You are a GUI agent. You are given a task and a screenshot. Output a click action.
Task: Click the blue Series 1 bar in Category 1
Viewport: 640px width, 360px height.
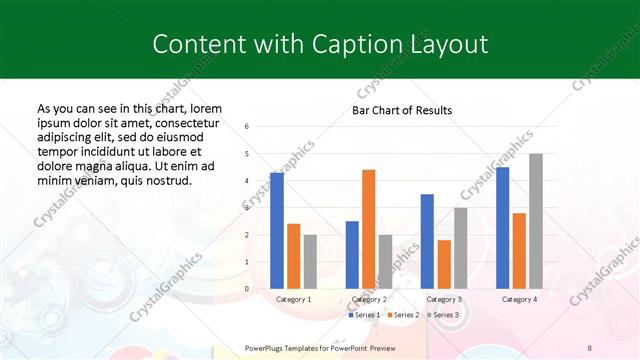pos(277,230)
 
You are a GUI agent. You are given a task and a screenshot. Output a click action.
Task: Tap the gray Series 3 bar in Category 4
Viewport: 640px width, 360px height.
pos(536,221)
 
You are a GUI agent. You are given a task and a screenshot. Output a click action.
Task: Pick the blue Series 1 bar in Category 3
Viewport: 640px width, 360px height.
pos(427,241)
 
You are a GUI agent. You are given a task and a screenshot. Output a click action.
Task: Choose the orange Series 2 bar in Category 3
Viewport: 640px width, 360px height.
pos(444,264)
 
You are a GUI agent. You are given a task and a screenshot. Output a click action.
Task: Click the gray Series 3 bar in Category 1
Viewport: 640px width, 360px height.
pos(310,261)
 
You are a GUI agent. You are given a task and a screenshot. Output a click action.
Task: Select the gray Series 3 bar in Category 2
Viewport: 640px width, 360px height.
pos(385,261)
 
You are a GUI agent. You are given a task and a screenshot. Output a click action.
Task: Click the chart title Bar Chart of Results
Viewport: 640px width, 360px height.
pos(401,110)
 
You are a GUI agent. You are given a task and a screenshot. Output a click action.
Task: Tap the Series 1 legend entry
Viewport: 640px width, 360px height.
pos(365,315)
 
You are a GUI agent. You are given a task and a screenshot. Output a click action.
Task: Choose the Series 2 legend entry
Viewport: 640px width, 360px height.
pos(403,315)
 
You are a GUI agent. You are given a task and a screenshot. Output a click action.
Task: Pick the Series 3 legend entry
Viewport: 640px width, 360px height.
pos(442,315)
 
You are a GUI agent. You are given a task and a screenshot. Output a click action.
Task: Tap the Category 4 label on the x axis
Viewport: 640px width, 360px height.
pos(519,299)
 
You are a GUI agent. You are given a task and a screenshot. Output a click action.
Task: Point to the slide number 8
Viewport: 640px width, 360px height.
pos(590,347)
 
